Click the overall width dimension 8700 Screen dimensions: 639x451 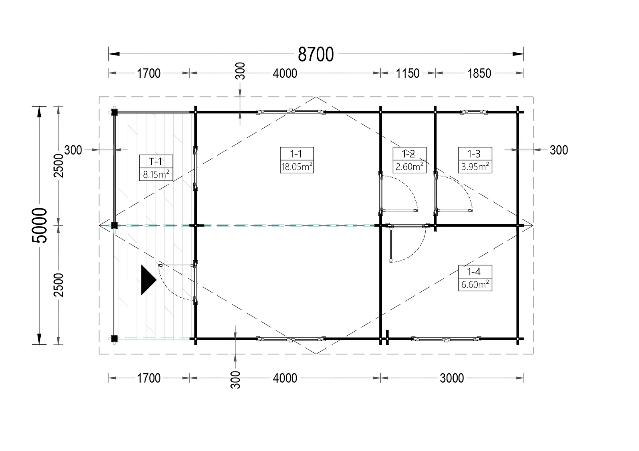tap(316, 54)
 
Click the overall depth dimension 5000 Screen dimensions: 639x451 tap(40, 225)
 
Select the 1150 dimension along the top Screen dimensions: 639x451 tap(407, 73)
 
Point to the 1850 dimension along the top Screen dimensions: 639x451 tap(479, 73)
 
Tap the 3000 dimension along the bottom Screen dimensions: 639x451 tap(452, 378)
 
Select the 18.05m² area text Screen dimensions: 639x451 tap(297, 166)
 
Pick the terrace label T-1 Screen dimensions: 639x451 tap(155, 162)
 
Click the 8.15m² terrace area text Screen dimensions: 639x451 tap(156, 174)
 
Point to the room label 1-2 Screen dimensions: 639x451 tap(409, 154)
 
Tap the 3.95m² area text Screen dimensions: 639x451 tap(475, 166)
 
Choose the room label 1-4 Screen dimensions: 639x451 tap(474, 272)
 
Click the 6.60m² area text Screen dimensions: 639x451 tap(475, 285)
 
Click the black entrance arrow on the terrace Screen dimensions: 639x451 tap(149, 280)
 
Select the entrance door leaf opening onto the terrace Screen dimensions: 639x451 tap(177, 265)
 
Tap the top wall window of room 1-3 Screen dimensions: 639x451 tap(474, 112)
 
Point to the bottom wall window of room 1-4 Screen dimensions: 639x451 tap(446, 339)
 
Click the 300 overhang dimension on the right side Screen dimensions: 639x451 tap(559, 150)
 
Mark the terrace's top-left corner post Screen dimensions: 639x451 tap(114, 112)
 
